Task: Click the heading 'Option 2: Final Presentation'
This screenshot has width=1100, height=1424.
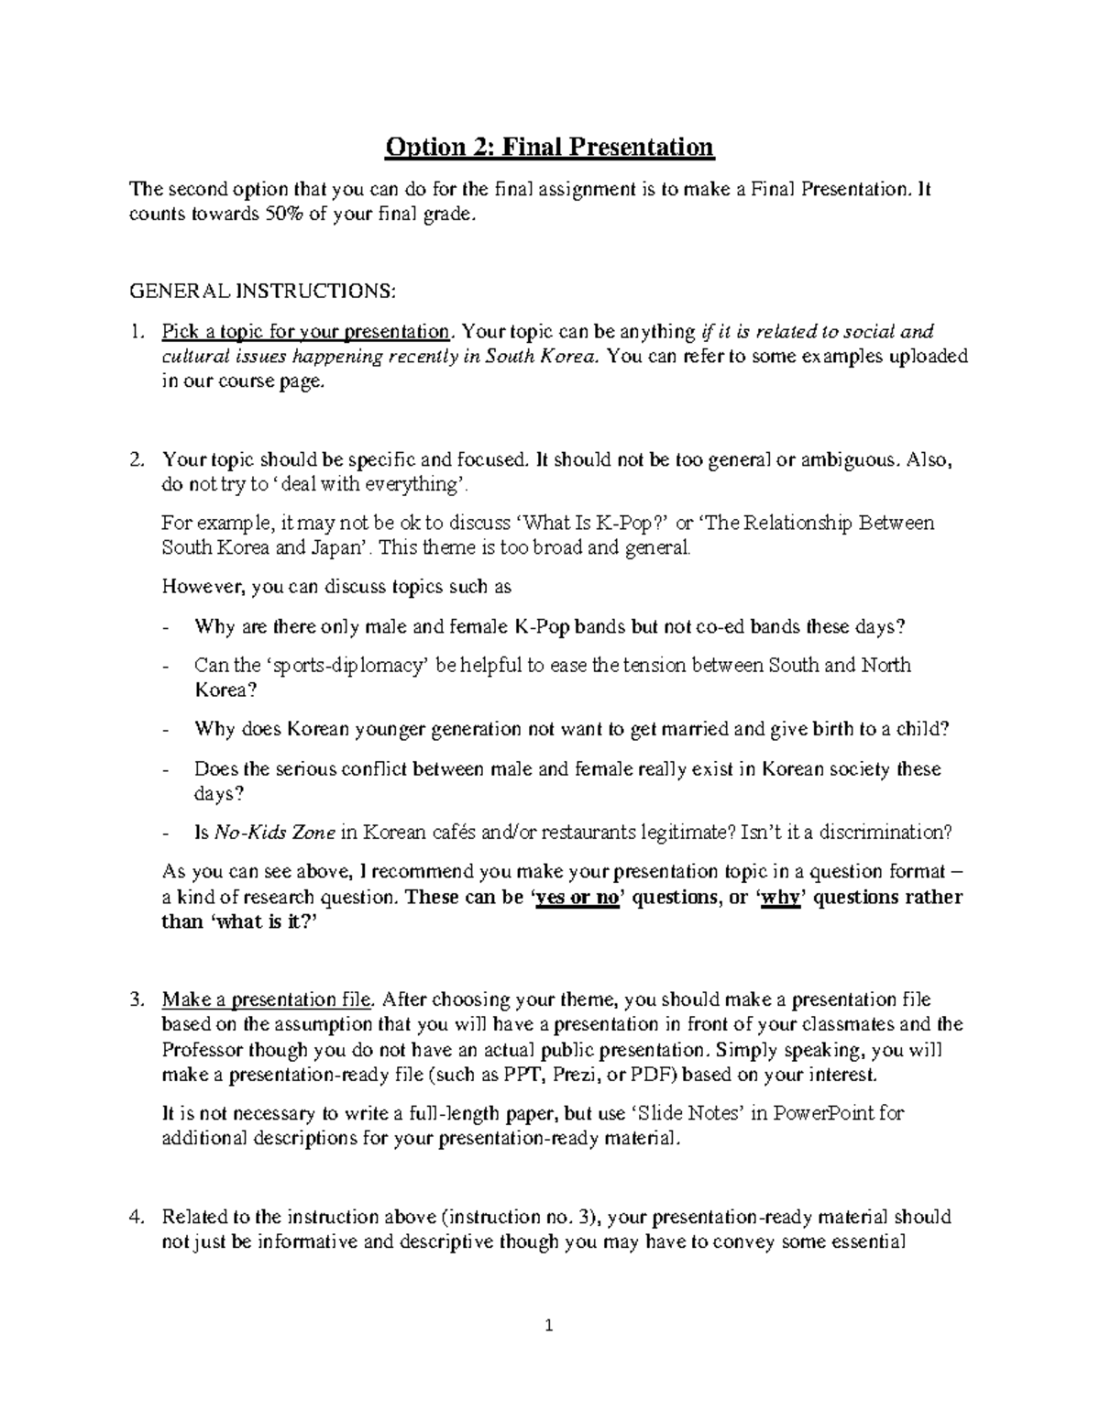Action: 549,147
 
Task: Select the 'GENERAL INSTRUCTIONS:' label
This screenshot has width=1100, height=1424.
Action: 264,291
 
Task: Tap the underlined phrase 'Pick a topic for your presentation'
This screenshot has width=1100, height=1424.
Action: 306,332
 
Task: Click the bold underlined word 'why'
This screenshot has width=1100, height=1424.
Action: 780,898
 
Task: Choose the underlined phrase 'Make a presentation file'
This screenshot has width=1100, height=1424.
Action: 267,999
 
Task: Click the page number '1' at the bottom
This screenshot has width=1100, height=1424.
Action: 549,1325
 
